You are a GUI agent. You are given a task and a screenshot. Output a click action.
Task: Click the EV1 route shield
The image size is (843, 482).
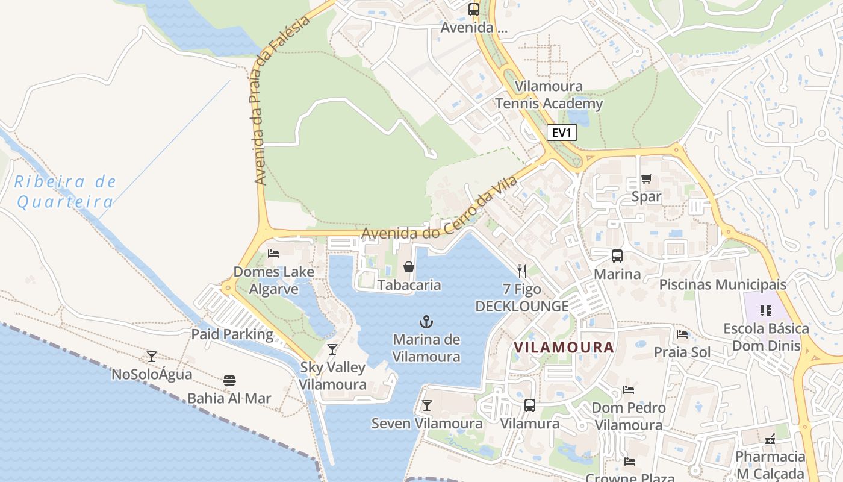coord(561,133)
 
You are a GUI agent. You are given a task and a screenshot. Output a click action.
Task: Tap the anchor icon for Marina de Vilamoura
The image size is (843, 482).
coord(426,322)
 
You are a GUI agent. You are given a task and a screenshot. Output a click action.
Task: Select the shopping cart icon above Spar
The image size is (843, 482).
coord(646,178)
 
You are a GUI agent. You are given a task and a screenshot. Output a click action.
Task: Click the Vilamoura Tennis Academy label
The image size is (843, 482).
coord(549,95)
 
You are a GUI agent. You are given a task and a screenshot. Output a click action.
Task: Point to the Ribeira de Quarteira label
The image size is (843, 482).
coord(65,192)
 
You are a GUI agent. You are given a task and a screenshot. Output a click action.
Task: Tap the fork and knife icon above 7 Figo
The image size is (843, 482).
coord(522,271)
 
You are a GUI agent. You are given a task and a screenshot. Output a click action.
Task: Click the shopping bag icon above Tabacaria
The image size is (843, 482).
coord(409,266)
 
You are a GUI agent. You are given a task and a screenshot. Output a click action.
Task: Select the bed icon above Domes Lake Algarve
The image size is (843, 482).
coord(273,253)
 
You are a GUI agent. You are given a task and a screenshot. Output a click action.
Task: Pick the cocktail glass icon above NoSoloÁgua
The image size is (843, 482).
coord(152,357)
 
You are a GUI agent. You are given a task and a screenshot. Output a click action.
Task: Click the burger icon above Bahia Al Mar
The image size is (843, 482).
coord(229,380)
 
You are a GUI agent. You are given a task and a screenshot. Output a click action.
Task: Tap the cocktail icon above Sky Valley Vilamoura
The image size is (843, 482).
coord(332,349)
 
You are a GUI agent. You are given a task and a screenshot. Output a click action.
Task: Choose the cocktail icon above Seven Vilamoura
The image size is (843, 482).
coord(427,405)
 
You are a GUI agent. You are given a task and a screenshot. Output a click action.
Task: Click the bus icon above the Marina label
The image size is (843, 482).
coord(617,256)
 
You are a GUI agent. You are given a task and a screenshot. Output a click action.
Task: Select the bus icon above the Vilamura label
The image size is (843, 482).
coord(530,405)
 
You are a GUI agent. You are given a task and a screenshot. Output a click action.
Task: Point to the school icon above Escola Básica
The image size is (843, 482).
coord(765,311)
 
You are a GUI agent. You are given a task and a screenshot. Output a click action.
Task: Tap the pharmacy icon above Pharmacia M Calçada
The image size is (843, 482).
coord(770,439)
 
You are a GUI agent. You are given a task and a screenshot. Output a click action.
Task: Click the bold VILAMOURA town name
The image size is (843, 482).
coord(564,347)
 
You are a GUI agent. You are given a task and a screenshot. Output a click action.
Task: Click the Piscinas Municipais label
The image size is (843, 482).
coord(723,284)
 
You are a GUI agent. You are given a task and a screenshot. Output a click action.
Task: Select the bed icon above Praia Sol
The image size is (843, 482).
coord(682,334)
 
